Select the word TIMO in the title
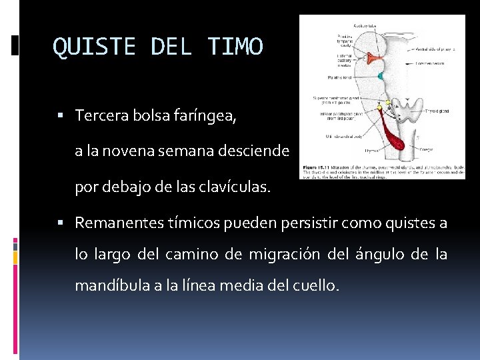click(x=235, y=47)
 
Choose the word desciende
click(x=257, y=151)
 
